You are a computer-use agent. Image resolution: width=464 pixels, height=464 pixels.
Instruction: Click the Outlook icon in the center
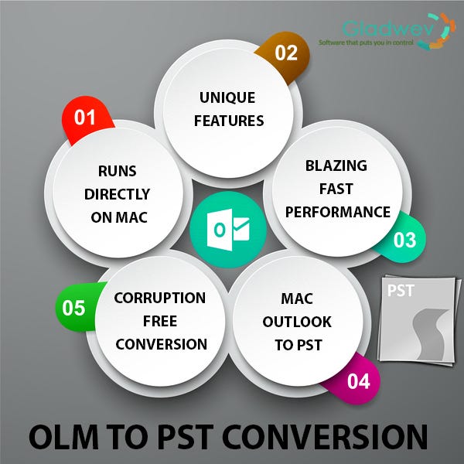click(x=228, y=230)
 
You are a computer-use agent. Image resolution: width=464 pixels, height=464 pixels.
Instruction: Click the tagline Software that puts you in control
click(x=366, y=43)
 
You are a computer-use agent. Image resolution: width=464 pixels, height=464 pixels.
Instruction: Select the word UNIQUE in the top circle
click(x=227, y=97)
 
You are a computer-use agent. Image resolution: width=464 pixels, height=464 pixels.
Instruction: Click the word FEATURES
click(x=229, y=121)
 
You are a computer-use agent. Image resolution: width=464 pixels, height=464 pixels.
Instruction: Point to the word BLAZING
click(x=336, y=165)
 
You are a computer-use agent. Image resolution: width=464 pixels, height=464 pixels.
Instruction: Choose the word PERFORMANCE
click(x=338, y=212)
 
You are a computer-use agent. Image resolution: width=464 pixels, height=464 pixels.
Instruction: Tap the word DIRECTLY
click(x=118, y=194)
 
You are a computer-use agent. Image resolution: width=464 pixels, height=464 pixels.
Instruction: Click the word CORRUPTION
click(x=160, y=298)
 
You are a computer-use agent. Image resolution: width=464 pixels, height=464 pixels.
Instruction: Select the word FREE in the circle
click(x=160, y=321)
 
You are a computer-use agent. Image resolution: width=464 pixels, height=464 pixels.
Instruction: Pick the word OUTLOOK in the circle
click(x=297, y=322)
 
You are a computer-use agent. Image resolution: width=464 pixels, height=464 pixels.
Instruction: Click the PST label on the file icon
click(x=401, y=290)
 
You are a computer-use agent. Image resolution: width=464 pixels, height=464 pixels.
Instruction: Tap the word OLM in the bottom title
click(x=63, y=437)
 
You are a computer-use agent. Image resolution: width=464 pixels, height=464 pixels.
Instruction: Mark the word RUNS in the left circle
click(x=118, y=171)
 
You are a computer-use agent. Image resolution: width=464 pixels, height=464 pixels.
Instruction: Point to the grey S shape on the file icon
click(x=428, y=334)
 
